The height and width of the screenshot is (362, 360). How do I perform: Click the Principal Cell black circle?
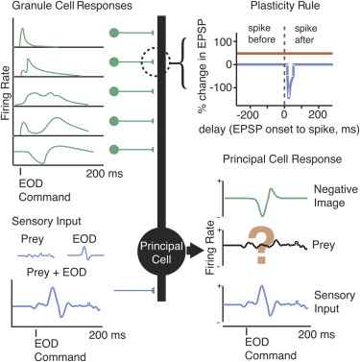(x=161, y=252)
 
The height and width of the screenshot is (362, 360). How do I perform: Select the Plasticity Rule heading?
(x=285, y=6)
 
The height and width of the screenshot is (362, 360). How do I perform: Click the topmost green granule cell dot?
(x=114, y=33)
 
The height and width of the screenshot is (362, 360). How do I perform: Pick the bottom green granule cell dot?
(x=114, y=150)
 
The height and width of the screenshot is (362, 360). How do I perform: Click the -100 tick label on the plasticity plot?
(x=223, y=87)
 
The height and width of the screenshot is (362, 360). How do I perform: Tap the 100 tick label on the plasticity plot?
(x=225, y=41)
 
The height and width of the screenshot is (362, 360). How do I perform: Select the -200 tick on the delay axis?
(x=249, y=114)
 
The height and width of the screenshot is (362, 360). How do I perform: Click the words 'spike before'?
(x=261, y=34)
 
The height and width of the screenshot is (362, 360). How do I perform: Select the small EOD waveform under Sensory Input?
(x=85, y=253)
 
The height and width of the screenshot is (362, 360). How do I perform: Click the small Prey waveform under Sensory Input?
(x=36, y=255)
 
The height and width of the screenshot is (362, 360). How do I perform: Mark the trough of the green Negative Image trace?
(x=263, y=216)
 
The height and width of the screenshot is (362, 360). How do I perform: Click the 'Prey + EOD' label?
(x=57, y=273)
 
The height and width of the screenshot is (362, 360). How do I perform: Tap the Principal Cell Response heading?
(x=282, y=159)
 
